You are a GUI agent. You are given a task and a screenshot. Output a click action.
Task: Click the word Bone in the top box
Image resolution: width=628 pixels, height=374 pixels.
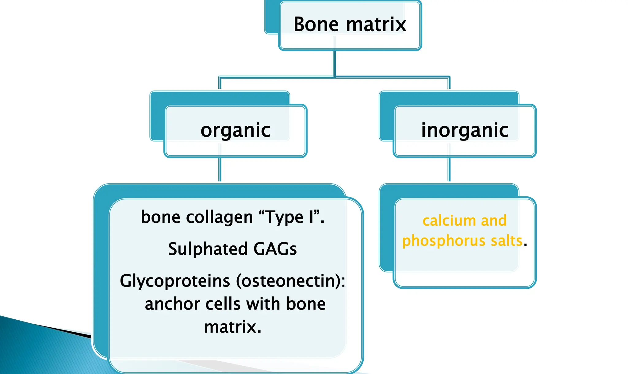(316, 25)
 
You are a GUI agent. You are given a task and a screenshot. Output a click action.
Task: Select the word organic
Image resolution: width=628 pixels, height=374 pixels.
(235, 130)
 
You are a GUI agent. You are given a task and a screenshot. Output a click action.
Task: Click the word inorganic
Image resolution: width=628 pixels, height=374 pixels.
(465, 130)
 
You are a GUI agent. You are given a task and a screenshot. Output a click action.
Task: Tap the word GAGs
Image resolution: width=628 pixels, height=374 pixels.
(275, 249)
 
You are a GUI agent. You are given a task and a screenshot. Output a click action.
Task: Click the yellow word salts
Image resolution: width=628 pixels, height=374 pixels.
(506, 240)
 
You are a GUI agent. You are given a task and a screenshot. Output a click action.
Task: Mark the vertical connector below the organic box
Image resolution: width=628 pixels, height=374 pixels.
(220, 170)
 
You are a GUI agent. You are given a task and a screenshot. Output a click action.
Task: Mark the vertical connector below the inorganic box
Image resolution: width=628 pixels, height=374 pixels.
(449, 170)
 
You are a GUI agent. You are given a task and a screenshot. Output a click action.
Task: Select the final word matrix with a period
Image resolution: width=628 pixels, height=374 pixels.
(233, 327)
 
